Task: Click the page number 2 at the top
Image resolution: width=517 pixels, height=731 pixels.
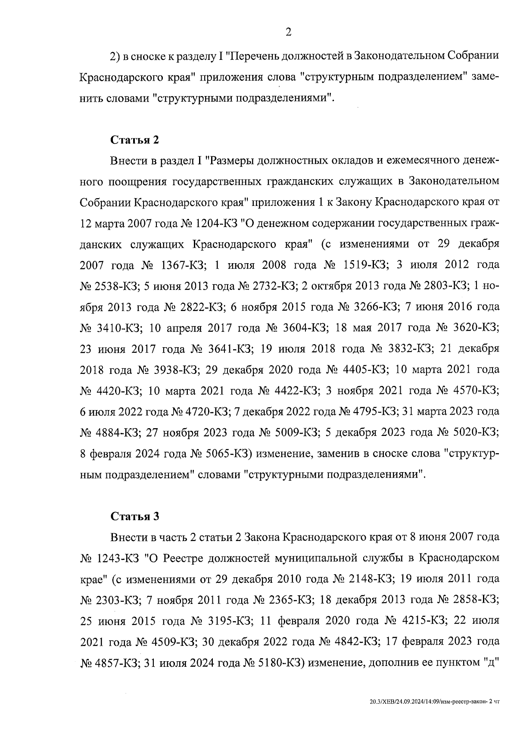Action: [288, 32]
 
